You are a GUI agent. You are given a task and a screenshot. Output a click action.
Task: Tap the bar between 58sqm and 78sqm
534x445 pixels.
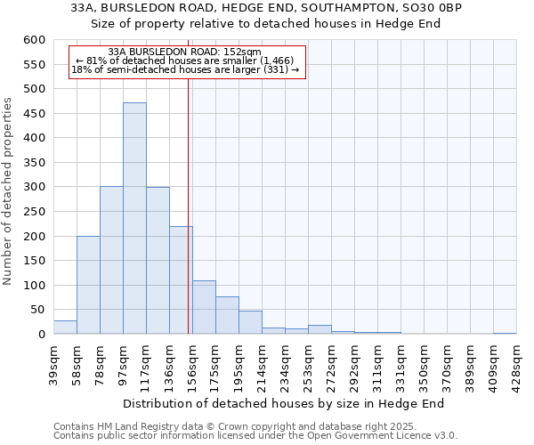(x=88, y=285)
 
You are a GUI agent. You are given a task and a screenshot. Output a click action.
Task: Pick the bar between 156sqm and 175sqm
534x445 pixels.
(x=204, y=307)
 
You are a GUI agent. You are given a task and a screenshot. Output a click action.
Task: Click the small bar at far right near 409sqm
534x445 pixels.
(x=505, y=333)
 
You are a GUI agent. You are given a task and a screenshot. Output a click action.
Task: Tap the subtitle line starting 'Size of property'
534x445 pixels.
(x=267, y=22)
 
